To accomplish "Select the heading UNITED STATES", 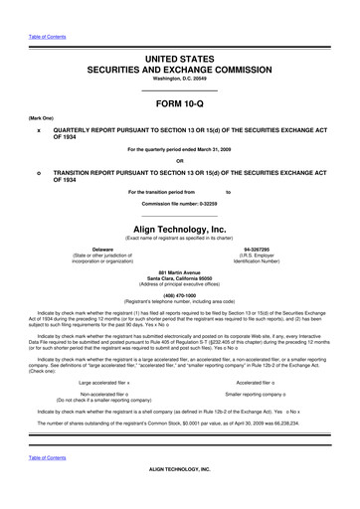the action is point(180,62).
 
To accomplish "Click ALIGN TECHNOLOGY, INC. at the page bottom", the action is point(180,494).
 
